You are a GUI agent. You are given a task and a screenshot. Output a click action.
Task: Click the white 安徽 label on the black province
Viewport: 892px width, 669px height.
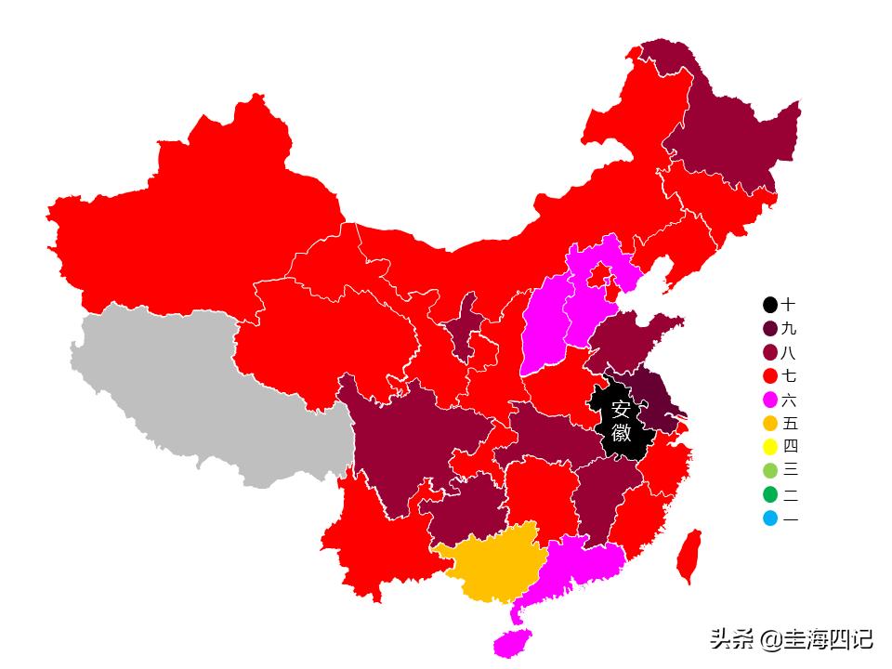point(622,421)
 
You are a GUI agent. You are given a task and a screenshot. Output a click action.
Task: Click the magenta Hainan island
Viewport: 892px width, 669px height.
point(513,641)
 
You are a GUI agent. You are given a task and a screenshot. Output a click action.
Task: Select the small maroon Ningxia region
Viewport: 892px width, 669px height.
point(462,325)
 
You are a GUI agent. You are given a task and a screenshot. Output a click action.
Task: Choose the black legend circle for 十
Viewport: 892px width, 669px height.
point(770,305)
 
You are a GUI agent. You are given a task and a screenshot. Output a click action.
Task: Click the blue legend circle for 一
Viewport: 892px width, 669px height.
point(770,518)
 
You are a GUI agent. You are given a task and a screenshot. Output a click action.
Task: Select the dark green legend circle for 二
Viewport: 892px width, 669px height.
point(770,494)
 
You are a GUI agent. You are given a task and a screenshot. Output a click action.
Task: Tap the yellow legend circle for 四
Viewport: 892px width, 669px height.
point(770,446)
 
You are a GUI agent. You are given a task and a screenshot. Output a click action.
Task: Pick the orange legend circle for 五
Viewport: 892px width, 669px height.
point(770,423)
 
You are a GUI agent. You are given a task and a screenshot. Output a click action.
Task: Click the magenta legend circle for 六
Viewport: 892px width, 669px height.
point(770,400)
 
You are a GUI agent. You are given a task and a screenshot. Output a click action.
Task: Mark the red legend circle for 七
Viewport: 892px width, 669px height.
point(770,376)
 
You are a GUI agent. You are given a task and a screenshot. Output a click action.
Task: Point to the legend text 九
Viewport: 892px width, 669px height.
point(789,329)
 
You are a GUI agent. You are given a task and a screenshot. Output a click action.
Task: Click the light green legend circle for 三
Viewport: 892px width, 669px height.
point(770,470)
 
